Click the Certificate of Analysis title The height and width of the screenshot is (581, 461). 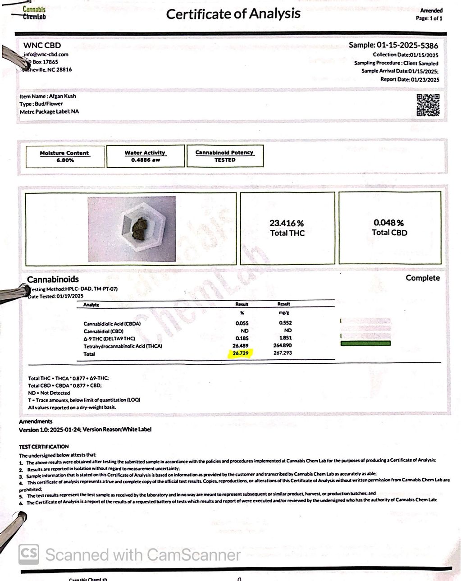[233, 14]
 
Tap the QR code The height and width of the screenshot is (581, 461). [428, 105]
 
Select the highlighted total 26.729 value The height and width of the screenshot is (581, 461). [241, 353]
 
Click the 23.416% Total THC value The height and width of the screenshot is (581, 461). [287, 223]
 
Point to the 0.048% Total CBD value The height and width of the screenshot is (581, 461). [389, 223]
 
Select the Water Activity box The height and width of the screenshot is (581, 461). [145, 156]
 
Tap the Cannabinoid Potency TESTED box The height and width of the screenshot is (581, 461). [224, 156]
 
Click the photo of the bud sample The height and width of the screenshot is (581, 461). [132, 229]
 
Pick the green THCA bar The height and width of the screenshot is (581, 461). [365, 344]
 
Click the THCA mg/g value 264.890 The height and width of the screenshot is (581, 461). [283, 346]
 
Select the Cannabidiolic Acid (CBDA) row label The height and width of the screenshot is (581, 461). [112, 324]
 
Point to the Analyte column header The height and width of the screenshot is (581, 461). [91, 305]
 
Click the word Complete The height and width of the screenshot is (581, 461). [422, 278]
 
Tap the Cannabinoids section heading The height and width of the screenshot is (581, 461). [53, 279]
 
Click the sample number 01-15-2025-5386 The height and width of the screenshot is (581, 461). [407, 45]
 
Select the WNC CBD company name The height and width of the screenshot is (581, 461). [42, 45]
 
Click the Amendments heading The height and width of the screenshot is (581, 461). [36, 421]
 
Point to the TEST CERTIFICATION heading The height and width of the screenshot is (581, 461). [44, 447]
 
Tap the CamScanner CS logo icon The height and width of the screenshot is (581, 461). [28, 554]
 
